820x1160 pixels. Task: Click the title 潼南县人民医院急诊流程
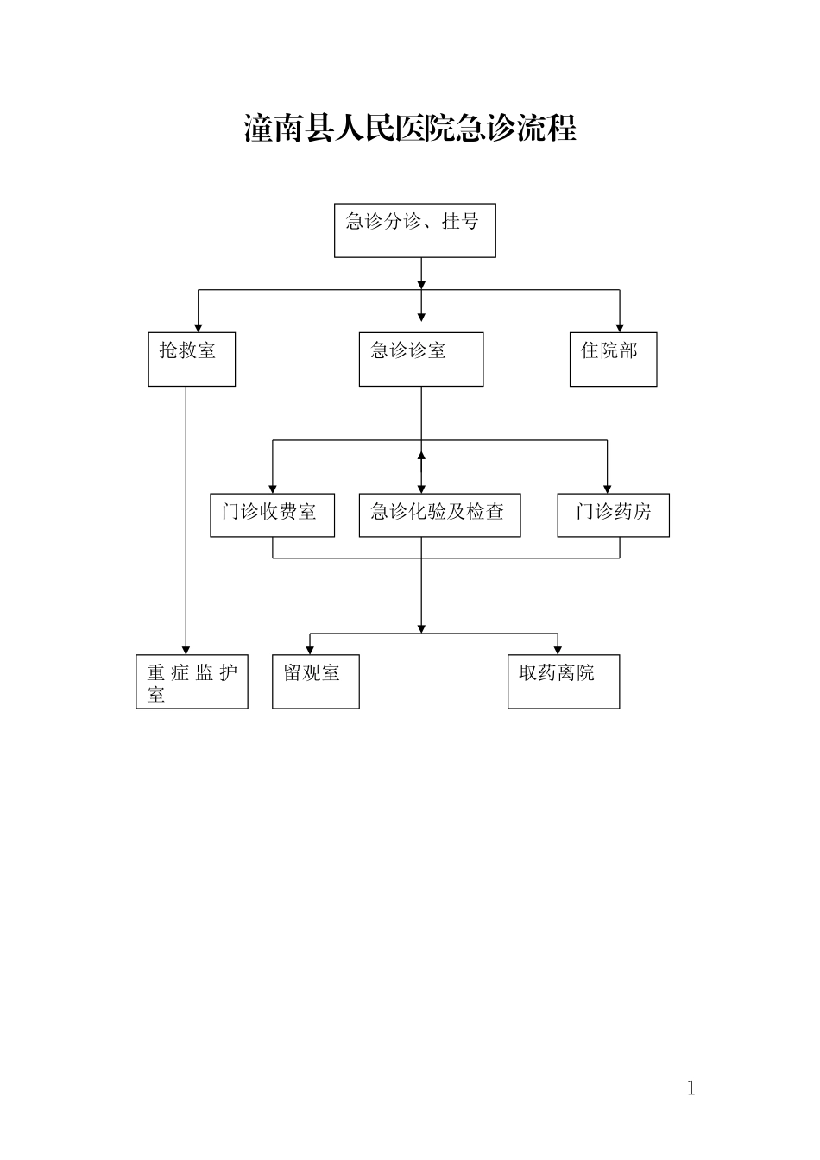pyautogui.click(x=410, y=129)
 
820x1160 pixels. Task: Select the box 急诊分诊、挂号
pyautogui.click(x=415, y=230)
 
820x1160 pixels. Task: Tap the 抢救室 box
pyautogui.click(x=192, y=359)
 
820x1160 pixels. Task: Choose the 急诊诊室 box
pyautogui.click(x=421, y=359)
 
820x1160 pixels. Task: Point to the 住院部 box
pyautogui.click(x=613, y=359)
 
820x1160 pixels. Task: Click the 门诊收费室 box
pyautogui.click(x=272, y=514)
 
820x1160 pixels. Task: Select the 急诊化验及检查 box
pyautogui.click(x=439, y=514)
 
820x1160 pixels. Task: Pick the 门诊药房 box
pyautogui.click(x=613, y=514)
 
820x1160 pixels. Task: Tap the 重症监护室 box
pyautogui.click(x=192, y=682)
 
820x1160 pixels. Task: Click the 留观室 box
pyautogui.click(x=315, y=682)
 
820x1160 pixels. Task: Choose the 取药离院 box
pyautogui.click(x=563, y=682)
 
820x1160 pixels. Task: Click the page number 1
pyautogui.click(x=691, y=1088)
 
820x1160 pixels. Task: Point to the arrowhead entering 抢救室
pyautogui.click(x=199, y=327)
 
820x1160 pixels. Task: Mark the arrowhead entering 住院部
pyautogui.click(x=619, y=327)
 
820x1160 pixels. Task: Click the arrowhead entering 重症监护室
pyautogui.click(x=186, y=650)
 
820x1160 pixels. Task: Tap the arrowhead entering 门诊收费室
pyautogui.click(x=273, y=488)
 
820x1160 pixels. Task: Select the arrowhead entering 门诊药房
pyautogui.click(x=607, y=488)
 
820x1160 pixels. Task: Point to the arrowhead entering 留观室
pyautogui.click(x=310, y=650)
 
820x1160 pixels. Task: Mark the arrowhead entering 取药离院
pyautogui.click(x=558, y=650)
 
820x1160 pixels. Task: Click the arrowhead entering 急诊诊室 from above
pyautogui.click(x=421, y=318)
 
